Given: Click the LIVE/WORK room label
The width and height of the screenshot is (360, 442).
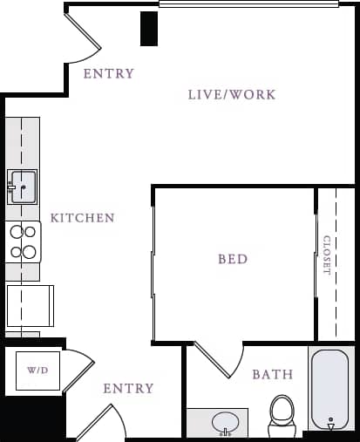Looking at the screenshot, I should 231,94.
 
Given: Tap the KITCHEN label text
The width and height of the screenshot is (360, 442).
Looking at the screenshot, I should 82,217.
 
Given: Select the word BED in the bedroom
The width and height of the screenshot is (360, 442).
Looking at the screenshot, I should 233,259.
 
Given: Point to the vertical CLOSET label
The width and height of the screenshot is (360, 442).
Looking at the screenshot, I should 327,255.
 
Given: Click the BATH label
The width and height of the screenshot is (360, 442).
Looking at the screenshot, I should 273,375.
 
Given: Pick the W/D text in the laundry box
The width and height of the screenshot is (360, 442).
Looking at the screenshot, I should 37,371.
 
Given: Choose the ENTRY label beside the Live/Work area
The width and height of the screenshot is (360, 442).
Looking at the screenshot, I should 108,74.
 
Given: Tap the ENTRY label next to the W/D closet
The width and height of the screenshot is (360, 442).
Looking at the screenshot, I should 128,388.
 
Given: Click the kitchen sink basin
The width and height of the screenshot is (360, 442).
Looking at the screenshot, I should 23,187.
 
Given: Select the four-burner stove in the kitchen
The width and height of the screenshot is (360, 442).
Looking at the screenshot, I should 24,241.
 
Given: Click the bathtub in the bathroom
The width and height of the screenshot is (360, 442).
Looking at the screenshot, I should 330,389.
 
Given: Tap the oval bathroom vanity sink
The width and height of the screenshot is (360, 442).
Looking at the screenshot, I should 226,423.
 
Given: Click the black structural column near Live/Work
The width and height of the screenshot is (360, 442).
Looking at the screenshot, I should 149,28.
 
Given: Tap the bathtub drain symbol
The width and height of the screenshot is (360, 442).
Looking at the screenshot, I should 330,424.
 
